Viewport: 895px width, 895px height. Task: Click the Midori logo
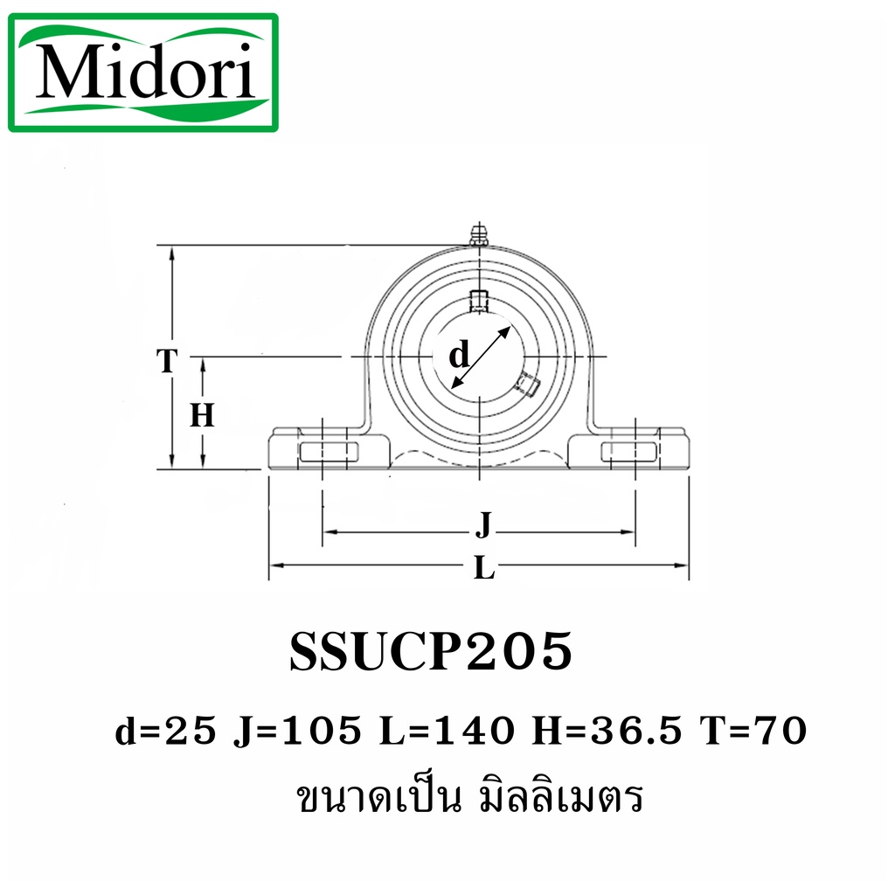[x=142, y=73]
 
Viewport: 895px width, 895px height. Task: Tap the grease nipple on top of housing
[x=480, y=234]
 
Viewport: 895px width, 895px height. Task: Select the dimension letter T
[x=167, y=361]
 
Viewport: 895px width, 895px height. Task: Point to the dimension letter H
[x=202, y=415]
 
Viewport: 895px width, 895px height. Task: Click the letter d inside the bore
[x=459, y=355]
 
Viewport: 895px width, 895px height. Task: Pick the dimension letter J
[x=483, y=525]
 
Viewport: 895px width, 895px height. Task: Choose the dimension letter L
[x=484, y=568]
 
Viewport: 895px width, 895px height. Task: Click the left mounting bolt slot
[x=329, y=452]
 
